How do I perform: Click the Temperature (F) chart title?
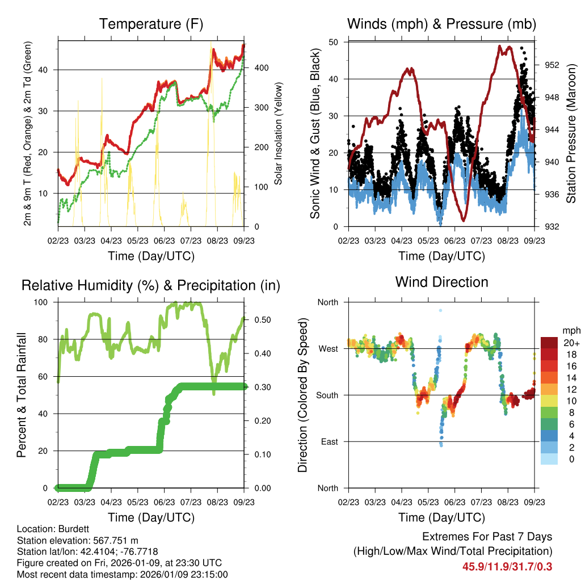click(x=151, y=24)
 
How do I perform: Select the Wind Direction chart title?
click(x=441, y=281)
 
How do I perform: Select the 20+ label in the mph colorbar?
click(x=570, y=343)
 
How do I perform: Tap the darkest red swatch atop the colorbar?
click(x=549, y=343)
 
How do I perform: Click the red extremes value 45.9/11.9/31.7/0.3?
click(x=508, y=566)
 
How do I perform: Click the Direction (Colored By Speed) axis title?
click(x=303, y=395)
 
